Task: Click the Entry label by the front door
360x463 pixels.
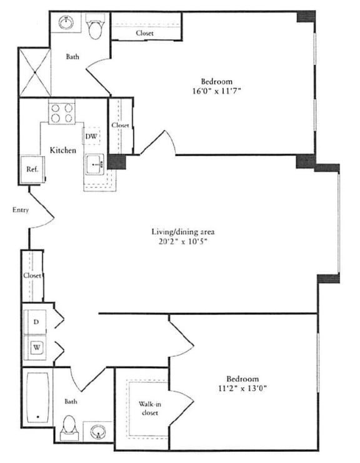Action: click(21, 210)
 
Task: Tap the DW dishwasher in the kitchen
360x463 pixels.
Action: click(91, 137)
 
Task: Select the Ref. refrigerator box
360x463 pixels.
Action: click(32, 169)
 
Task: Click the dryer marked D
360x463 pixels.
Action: click(37, 321)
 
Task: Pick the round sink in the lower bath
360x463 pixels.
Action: click(97, 432)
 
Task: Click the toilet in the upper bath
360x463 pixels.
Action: click(95, 29)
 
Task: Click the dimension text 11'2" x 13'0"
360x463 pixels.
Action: click(242, 389)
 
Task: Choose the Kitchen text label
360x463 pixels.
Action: click(64, 151)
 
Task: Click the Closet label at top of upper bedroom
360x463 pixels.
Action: click(144, 33)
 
